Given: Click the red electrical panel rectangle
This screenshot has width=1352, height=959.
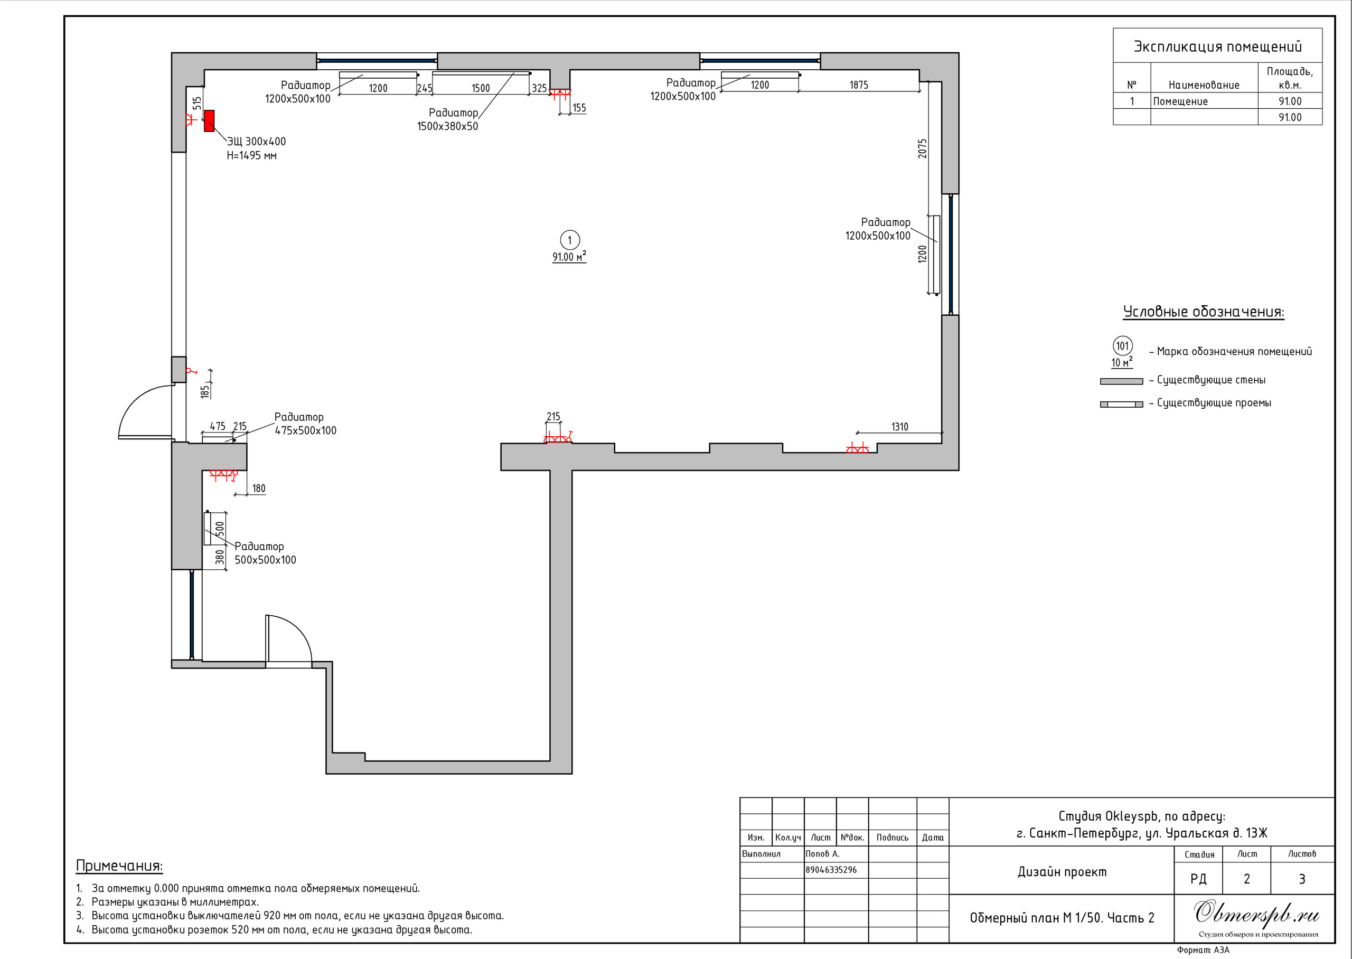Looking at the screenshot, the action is [x=209, y=121].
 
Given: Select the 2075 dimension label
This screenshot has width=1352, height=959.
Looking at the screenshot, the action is [x=922, y=148].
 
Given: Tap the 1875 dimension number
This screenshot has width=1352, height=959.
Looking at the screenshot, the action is [x=859, y=85].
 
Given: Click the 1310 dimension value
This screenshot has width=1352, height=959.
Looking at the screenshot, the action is [x=900, y=426].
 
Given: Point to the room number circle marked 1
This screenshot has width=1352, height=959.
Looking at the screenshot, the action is [x=570, y=240].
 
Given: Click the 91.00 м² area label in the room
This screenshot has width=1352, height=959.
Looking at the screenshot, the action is [x=569, y=256].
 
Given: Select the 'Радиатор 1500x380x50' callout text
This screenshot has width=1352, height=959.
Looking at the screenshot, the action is [x=447, y=119].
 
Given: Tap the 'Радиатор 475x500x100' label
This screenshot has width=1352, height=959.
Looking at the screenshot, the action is [x=305, y=424].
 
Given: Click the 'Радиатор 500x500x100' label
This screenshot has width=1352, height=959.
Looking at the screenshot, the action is [x=265, y=553].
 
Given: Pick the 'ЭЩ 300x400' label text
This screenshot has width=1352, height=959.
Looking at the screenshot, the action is [x=256, y=142].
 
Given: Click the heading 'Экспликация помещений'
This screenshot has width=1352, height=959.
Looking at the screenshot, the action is [x=1217, y=46].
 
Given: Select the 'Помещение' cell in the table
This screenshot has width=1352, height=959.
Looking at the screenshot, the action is [x=1180, y=101].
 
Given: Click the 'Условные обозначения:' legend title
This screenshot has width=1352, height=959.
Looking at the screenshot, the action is [x=1203, y=312].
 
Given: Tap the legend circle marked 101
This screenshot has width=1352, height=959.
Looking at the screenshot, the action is [x=1122, y=346].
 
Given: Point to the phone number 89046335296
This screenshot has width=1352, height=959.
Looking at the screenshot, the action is [x=831, y=870].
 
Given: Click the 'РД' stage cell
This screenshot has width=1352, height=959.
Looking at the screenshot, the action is [x=1198, y=879].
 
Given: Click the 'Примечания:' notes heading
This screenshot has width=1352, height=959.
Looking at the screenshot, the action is [x=119, y=866].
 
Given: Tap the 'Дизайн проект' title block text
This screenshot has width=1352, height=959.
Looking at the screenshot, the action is [x=1062, y=872].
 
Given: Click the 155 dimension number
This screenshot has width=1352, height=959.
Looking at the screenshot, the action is [x=579, y=108].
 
